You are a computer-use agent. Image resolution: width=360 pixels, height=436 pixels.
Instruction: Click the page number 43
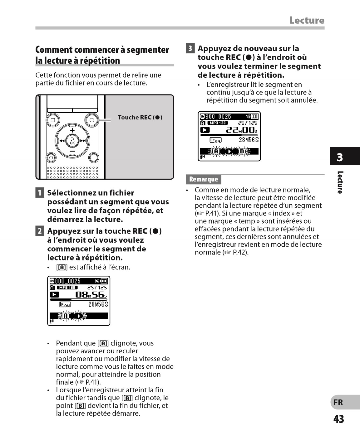[x=338, y=419]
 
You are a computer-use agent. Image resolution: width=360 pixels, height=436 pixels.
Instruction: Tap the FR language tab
[x=338, y=402]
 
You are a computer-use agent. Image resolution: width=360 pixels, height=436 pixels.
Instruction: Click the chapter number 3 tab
[x=340, y=157]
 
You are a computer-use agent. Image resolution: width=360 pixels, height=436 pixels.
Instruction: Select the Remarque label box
[x=203, y=179]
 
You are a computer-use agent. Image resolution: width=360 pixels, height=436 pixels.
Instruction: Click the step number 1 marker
[x=40, y=193]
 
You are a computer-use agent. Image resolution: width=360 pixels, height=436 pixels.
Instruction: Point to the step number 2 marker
[x=40, y=231]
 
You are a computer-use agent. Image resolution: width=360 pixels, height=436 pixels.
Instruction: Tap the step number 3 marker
[x=190, y=48]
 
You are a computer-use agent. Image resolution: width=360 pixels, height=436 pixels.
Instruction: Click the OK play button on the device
[x=72, y=141]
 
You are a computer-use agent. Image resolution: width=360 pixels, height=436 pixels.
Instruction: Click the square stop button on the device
[x=53, y=120]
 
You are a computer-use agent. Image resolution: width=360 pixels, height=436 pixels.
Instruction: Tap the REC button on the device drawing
[x=91, y=120]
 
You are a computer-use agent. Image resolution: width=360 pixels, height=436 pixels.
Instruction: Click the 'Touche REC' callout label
[x=140, y=118]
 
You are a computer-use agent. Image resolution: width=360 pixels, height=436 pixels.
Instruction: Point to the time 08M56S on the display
[x=91, y=294]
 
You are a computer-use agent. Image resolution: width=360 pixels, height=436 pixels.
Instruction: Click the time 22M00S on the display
[x=242, y=130]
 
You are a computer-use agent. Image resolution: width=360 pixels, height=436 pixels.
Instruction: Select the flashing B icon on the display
[x=242, y=152]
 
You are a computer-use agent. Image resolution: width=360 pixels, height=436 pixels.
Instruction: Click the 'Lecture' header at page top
[x=307, y=20]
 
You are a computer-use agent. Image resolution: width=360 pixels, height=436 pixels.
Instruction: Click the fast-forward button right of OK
[x=83, y=141]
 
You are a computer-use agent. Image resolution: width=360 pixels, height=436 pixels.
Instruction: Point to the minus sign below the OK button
[x=72, y=151]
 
